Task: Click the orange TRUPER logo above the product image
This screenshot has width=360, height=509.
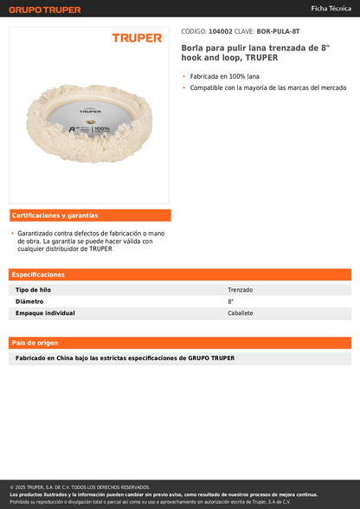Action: point(137,38)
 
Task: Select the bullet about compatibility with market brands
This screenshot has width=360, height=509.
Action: point(268,87)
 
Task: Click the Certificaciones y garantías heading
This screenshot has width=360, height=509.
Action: point(55,216)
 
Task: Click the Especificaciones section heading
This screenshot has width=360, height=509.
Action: point(39,274)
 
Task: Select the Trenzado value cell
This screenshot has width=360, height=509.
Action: point(241,290)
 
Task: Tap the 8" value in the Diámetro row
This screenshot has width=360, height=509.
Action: point(231,301)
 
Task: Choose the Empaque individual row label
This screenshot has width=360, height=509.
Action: point(45,313)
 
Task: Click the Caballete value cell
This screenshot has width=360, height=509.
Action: point(241,313)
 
